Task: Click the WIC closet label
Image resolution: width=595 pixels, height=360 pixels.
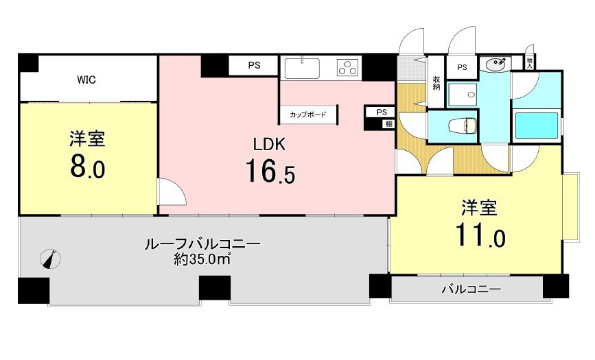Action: (86, 80)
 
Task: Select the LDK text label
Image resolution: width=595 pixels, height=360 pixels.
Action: (269, 145)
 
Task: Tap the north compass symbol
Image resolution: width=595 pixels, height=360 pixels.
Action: (51, 259)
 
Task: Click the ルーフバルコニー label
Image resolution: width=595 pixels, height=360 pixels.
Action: (202, 243)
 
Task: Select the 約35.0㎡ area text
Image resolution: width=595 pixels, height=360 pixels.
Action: (202, 259)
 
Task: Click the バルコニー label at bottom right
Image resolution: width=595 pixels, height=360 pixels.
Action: (471, 289)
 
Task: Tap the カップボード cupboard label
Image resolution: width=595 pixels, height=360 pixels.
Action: (307, 115)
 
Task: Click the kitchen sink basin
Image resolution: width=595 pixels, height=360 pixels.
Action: (302, 69)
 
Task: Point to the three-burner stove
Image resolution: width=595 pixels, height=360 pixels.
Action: (348, 67)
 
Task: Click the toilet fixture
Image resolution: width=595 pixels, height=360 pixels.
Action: (463, 125)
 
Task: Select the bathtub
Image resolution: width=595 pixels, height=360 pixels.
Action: (537, 125)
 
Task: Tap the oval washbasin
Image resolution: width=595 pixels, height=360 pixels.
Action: (495, 64)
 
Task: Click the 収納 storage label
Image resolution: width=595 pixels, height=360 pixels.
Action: (436, 83)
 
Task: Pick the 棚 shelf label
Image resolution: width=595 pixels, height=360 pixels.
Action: (389, 124)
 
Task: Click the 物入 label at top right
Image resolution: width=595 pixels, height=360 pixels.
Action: (530, 63)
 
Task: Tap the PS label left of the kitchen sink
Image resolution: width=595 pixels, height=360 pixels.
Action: (254, 65)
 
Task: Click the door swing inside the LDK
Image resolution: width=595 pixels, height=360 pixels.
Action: (172, 191)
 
